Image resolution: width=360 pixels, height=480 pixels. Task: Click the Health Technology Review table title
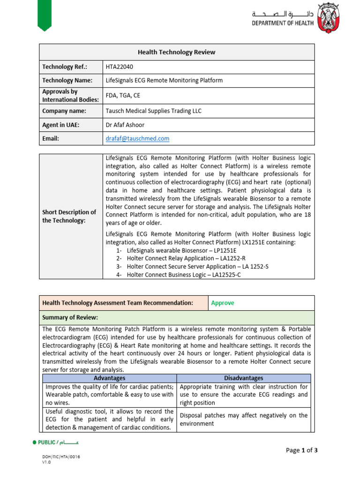click(x=177, y=52)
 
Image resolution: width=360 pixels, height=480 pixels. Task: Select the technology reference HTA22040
click(x=120, y=67)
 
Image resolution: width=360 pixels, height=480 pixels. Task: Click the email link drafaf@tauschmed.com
click(x=138, y=138)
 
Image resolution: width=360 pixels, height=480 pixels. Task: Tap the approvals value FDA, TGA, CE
click(x=123, y=96)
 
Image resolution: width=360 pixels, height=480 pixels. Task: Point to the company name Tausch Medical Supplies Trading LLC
click(x=154, y=111)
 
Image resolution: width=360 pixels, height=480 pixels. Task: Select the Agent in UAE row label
click(x=61, y=125)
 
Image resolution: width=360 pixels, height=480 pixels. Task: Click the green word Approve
click(x=223, y=303)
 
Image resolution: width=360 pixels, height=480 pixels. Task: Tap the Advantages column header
click(x=109, y=378)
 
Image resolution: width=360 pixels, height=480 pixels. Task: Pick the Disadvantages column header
click(x=244, y=378)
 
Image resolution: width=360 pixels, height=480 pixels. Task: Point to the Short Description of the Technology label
click(x=69, y=216)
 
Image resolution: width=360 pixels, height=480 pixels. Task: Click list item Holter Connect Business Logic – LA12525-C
click(x=183, y=275)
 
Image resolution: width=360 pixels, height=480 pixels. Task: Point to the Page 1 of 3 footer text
click(x=302, y=450)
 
